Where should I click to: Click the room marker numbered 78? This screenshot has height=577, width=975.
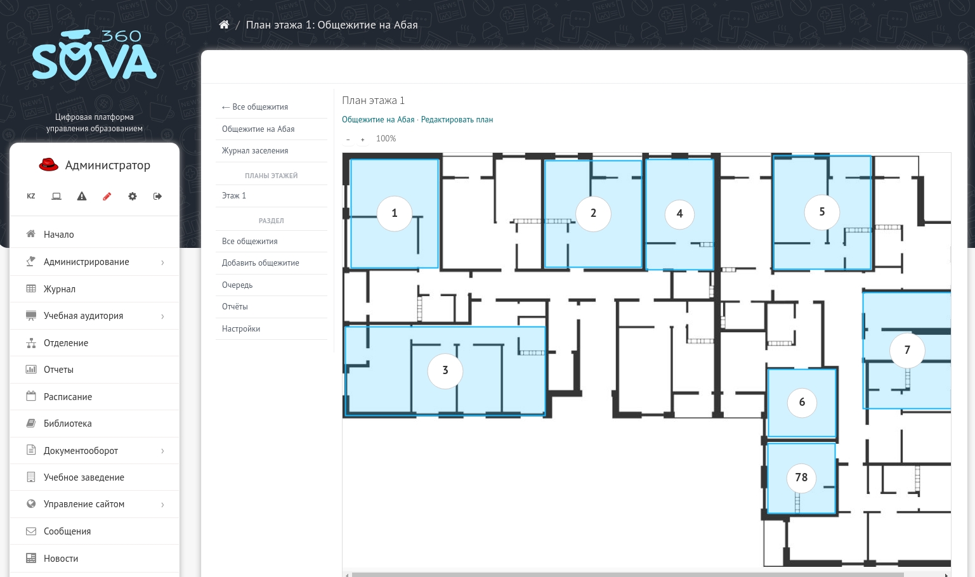click(x=801, y=478)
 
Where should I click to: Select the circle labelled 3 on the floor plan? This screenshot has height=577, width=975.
click(x=445, y=370)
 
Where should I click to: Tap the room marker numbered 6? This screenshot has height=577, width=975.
click(x=802, y=402)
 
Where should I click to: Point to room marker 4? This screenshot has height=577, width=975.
click(x=679, y=214)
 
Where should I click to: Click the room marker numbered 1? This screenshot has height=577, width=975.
click(x=395, y=213)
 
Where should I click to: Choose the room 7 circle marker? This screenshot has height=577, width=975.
click(x=907, y=350)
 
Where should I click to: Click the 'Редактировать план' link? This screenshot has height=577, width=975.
click(x=457, y=120)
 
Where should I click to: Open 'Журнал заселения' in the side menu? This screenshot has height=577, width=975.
click(x=255, y=150)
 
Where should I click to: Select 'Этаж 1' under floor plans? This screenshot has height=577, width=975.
click(x=234, y=196)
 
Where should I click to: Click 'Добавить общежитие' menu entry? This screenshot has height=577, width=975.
click(x=260, y=263)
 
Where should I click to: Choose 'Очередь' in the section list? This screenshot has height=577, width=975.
click(x=237, y=285)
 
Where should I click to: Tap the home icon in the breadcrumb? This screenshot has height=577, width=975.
click(x=224, y=25)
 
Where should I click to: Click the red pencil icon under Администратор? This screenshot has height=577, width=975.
click(x=107, y=197)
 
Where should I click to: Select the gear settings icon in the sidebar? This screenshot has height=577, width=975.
click(x=133, y=197)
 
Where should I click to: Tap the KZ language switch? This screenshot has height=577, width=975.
click(x=31, y=197)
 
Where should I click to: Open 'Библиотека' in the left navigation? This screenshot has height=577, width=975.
click(x=67, y=424)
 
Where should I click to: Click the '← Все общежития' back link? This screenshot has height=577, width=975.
click(x=254, y=107)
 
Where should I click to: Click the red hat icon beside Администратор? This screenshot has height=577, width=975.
click(x=49, y=165)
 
